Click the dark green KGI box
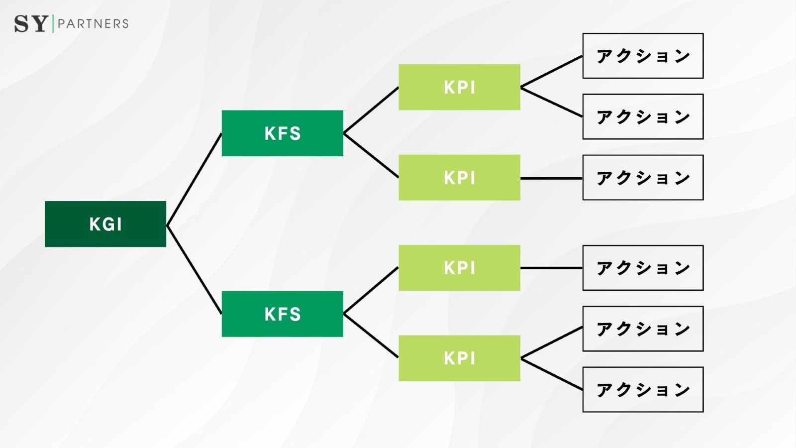click(x=105, y=224)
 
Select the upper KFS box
click(x=282, y=133)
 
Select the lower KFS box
click(x=282, y=314)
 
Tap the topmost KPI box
click(x=459, y=87)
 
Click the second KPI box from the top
click(x=459, y=178)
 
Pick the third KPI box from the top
click(x=459, y=268)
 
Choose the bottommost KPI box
click(x=459, y=358)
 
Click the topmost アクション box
click(x=643, y=56)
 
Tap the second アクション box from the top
click(x=643, y=116)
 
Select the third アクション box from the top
click(x=643, y=178)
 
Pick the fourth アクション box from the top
click(x=643, y=268)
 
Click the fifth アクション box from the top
click(x=643, y=329)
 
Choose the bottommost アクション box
click(x=643, y=390)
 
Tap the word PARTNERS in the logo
click(x=93, y=23)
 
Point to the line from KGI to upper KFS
click(x=194, y=180)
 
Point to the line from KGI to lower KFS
click(x=194, y=270)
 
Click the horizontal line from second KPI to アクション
click(x=551, y=178)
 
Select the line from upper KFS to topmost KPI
click(x=371, y=111)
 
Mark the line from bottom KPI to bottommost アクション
click(x=551, y=374)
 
